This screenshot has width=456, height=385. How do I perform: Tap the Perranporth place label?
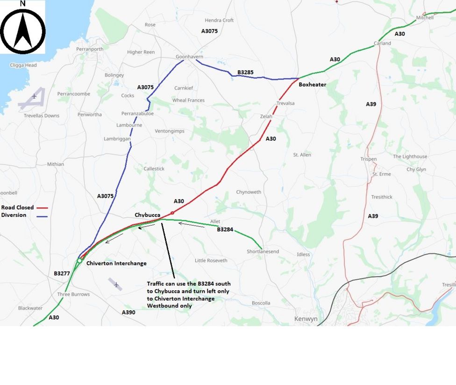pyautogui.click(x=90, y=49)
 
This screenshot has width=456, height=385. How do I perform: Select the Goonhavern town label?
pyautogui.click(x=189, y=57)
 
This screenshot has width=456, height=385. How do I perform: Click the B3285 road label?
pyautogui.click(x=245, y=72)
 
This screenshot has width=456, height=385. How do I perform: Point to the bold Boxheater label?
pyautogui.click(x=312, y=85)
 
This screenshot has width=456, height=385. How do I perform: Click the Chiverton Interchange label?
pyautogui.click(x=116, y=263)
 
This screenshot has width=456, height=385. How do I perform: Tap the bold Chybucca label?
pyautogui.click(x=148, y=215)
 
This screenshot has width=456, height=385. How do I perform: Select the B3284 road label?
pyautogui.click(x=225, y=229)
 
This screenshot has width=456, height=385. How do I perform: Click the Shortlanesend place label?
pyautogui.click(x=263, y=251)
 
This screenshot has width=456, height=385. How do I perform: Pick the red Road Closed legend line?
pyautogui.click(x=42, y=207)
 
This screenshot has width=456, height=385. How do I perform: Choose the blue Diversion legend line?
pyautogui.click(x=42, y=215)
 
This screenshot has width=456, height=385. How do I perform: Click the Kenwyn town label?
pyautogui.click(x=306, y=319)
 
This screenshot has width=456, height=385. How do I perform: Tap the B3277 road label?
pyautogui.click(x=62, y=273)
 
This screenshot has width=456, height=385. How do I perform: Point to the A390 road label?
pyautogui.click(x=128, y=312)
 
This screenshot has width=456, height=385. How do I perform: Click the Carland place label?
pyautogui.click(x=382, y=43)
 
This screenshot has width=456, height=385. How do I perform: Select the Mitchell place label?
pyautogui.click(x=425, y=18)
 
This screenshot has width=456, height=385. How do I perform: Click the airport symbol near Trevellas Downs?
pyautogui.click(x=34, y=97)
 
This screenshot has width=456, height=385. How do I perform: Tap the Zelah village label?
pyautogui.click(x=266, y=116)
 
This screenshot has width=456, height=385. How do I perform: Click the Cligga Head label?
pyautogui.click(x=23, y=65)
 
